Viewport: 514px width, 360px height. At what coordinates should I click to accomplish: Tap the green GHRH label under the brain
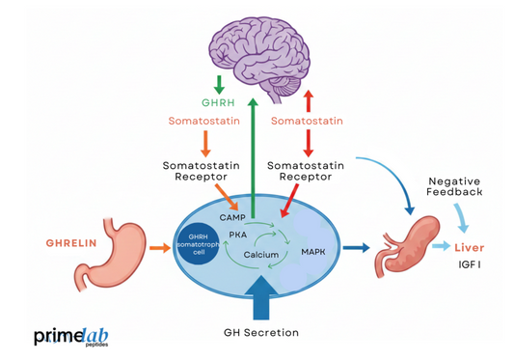(218, 100)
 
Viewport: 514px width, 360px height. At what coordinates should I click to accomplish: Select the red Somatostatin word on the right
(308, 122)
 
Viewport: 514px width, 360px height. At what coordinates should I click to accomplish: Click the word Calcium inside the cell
(261, 256)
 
